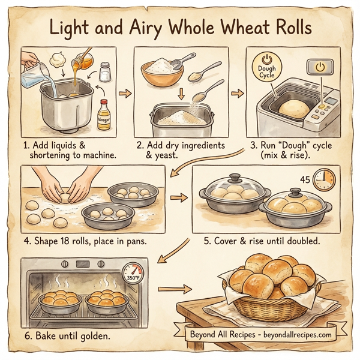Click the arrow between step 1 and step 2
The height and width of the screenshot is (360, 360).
125,94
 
